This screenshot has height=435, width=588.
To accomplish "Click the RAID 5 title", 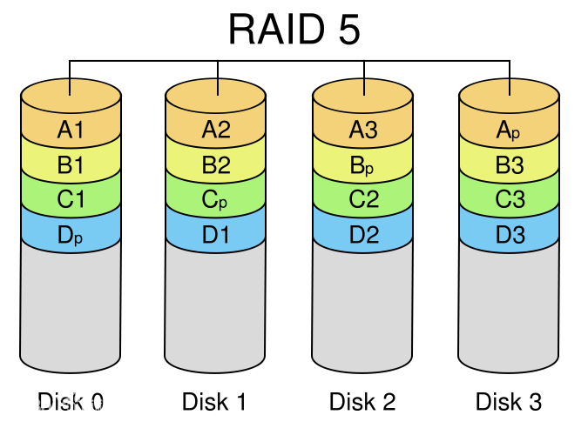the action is tap(294, 30).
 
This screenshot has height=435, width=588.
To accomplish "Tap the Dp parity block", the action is tap(71, 234).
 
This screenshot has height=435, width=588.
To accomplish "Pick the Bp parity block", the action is tap(362, 164).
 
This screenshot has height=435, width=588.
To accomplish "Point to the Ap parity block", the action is tap(509, 130).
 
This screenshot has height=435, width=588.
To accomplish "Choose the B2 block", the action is tap(216, 164).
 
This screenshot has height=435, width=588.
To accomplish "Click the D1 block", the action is tap(216, 234).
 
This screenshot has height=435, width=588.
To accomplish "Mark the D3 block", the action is tap(509, 234).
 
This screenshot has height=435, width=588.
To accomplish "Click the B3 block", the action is tap(509, 164).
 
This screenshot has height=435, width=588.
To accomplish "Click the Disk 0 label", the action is tap(71, 402).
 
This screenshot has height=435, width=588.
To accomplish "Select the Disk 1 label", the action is tap(214, 402).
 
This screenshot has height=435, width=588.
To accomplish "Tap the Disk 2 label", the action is tap(362, 402).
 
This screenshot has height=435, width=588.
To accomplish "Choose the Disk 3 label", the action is tap(509, 402).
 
